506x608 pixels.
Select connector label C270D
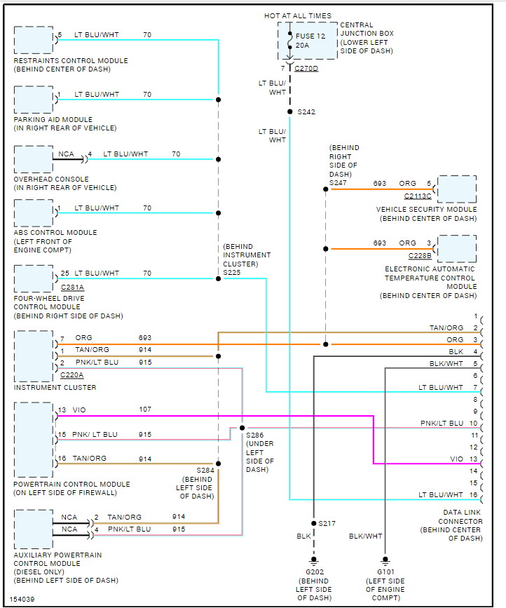tap(306, 69)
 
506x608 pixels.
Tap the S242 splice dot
tap(289, 112)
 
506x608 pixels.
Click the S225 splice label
tap(233, 272)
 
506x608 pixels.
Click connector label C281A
tap(73, 286)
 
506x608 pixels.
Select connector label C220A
tap(73, 375)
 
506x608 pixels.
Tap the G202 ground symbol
tap(313, 561)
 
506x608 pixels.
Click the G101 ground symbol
tap(385, 561)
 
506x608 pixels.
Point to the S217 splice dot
tap(313, 524)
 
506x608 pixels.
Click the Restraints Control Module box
tap(33, 40)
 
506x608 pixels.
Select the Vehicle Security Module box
tap(456, 189)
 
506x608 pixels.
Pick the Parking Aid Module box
tap(33, 100)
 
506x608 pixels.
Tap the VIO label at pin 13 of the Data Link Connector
tap(456, 459)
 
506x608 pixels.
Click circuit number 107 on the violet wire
tap(145, 410)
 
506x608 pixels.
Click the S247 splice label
tap(339, 183)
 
